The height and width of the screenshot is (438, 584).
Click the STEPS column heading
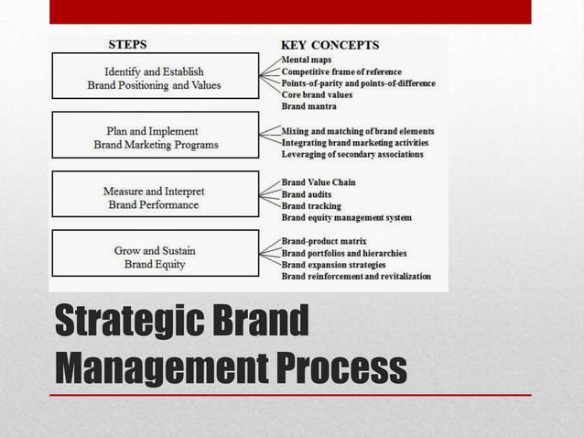pos(127,43)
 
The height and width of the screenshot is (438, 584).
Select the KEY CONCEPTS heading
pos(329,44)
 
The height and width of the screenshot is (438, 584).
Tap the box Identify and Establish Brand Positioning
pos(155,78)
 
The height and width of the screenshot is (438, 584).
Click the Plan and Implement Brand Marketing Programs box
pos(155,137)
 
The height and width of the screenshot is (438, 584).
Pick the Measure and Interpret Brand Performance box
pos(155,197)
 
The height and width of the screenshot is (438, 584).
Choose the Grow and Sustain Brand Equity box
pos(155,257)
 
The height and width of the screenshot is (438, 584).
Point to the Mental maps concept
pos(307,60)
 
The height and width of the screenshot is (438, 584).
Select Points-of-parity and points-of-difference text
pos(358,83)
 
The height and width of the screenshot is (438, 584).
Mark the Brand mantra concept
pos(308,107)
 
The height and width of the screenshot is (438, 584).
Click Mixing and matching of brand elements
pos(357,131)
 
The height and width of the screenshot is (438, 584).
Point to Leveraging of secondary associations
pos(351,155)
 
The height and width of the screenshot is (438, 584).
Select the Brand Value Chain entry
pos(319,182)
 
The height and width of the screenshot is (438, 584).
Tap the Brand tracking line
pos(311,206)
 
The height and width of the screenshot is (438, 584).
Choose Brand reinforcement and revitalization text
pos(356,276)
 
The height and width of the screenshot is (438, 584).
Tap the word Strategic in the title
pos(132,322)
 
